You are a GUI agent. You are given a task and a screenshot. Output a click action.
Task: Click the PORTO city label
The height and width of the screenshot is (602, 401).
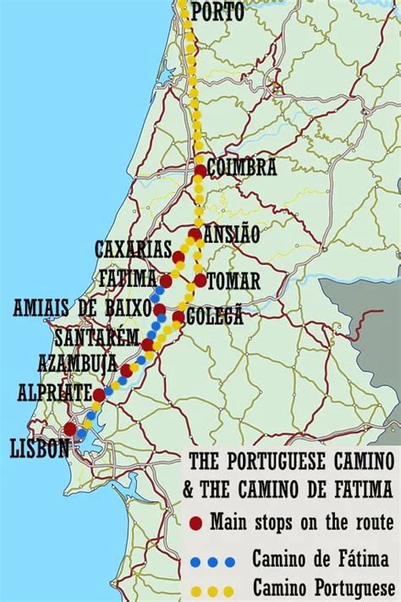pos(217,12)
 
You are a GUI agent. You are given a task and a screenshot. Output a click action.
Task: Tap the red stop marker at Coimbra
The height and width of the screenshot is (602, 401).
pos(200,170)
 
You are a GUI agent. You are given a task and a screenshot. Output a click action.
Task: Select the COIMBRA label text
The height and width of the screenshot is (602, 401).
pos(242,168)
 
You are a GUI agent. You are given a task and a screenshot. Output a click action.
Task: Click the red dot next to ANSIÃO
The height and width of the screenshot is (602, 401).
pos(195,235)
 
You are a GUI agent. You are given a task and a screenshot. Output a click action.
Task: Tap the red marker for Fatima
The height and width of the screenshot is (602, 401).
pos(166,280)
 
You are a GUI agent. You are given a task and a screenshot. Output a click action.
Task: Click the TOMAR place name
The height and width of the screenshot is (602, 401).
pos(233,280)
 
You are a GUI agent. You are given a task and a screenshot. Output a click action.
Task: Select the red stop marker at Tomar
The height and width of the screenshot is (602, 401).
pos(200,279)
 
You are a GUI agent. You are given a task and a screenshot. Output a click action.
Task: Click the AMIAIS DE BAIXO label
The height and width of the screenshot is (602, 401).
pos(81,307)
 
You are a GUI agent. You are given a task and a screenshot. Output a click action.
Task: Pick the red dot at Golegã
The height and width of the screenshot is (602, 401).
pos(179,317)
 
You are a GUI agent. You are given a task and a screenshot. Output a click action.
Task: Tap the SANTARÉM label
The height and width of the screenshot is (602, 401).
pos(96,338)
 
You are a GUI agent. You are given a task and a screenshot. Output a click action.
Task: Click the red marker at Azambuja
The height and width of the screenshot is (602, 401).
pos(126,370)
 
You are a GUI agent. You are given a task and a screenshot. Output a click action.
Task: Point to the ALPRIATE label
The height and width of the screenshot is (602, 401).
pos(53,393)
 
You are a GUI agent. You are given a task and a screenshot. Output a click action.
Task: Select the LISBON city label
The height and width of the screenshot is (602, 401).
pos(40,449)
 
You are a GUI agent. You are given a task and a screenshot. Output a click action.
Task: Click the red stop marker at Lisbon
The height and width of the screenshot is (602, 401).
pos(69,429)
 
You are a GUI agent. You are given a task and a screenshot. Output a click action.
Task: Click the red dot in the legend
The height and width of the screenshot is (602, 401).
pos(196,522)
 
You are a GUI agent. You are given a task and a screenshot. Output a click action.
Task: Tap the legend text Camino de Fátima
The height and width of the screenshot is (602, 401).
pos(320,559)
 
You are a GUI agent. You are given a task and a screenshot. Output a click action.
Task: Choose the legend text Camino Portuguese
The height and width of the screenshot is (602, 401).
pos(323,587)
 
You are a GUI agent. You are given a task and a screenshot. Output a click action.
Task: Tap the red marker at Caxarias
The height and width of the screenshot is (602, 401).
pos(179,257)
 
